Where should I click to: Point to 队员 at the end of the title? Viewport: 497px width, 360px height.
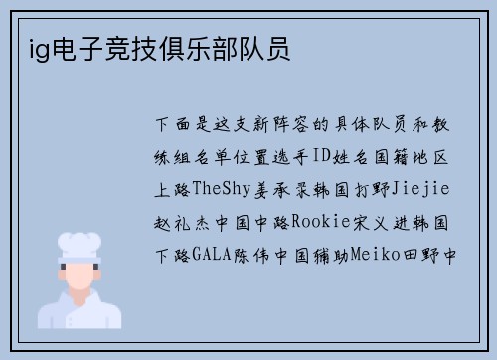pyautogui.click(x=265, y=49)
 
